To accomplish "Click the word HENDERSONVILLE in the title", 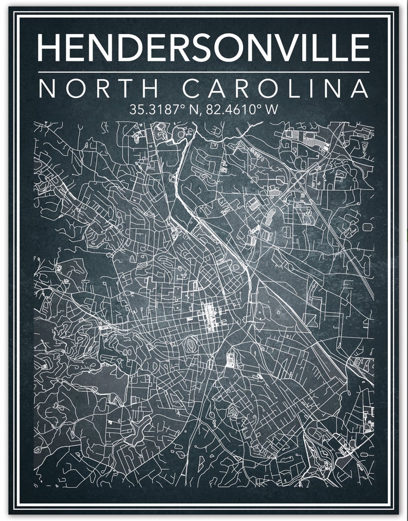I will coord(203,47).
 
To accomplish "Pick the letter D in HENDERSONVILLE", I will coord(134,47).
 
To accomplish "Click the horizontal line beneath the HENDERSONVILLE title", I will coord(203,71).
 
